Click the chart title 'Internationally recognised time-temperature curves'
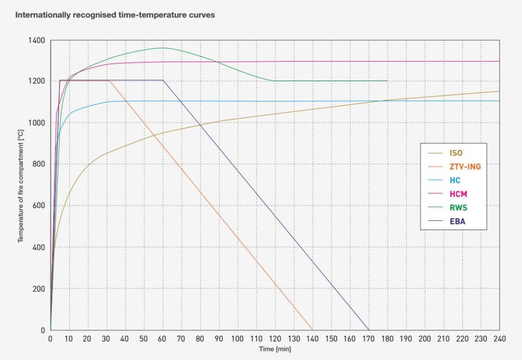(x=115, y=15)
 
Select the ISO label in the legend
(x=456, y=152)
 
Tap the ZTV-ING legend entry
(x=465, y=166)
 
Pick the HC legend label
(x=455, y=181)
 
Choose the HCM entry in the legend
(x=458, y=194)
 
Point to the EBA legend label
(x=457, y=222)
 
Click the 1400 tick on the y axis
(x=37, y=40)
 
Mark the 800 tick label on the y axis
(x=39, y=164)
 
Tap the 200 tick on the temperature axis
(x=39, y=289)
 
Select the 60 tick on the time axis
(x=163, y=339)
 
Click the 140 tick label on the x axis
(x=312, y=339)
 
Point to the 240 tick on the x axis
(x=499, y=339)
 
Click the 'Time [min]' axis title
(x=275, y=349)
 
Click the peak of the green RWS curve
(x=163, y=48)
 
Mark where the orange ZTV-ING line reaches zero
(x=312, y=330)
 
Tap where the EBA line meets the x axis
(x=368, y=330)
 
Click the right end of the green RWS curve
(x=387, y=81)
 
